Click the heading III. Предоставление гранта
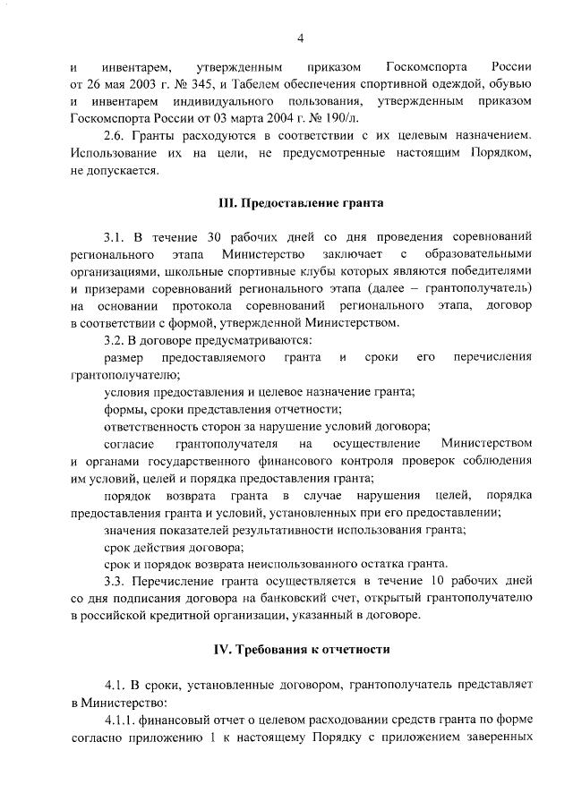[302, 203]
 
